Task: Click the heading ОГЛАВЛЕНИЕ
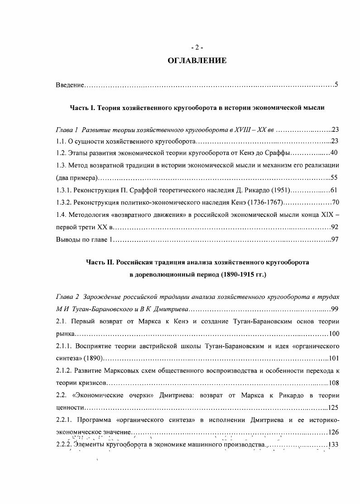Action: click(x=197, y=61)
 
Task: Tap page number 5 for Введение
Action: click(x=336, y=85)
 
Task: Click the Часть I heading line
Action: click(x=197, y=108)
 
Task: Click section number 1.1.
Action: click(x=61, y=141)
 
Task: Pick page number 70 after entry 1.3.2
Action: click(x=335, y=202)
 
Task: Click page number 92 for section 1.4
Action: click(x=335, y=227)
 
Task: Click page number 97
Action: click(x=335, y=239)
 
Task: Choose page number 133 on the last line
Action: click(x=333, y=444)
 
